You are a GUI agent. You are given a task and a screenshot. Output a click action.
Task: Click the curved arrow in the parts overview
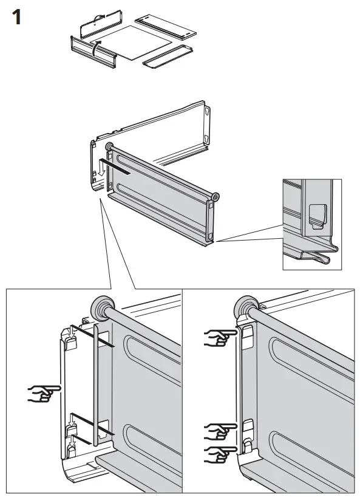[95, 47]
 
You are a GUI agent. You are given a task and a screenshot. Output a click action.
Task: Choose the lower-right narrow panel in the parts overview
[166, 55]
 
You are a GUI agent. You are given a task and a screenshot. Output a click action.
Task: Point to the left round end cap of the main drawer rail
[109, 146]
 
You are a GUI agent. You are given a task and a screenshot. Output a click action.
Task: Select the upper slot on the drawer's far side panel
[208, 112]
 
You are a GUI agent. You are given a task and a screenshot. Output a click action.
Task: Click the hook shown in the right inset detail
[316, 214]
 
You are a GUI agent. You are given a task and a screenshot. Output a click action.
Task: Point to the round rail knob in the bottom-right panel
[247, 307]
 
